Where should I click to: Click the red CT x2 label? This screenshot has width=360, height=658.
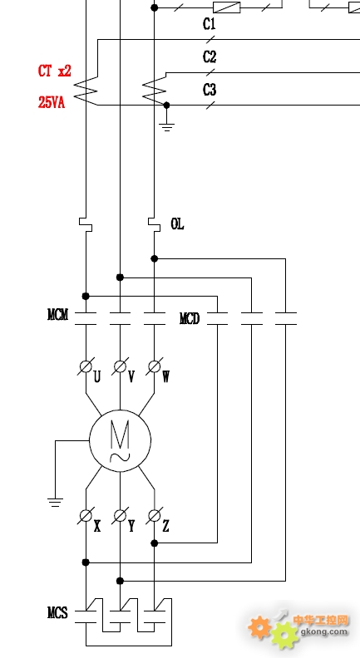point(55,71)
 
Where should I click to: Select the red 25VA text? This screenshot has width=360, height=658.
point(52,102)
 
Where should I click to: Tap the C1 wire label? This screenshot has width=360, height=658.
point(210,24)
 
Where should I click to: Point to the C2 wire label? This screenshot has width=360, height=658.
point(210,56)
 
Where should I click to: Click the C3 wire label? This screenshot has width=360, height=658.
point(210,90)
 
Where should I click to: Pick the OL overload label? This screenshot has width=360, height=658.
point(177,224)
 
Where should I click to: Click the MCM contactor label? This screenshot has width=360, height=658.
point(57,314)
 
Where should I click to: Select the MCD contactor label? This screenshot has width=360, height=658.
point(190,319)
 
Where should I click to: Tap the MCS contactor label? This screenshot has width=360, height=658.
point(57,613)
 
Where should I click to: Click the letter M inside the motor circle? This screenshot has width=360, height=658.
point(120,435)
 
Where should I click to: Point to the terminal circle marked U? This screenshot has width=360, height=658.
point(86,366)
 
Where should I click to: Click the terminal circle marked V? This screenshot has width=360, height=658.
point(121,366)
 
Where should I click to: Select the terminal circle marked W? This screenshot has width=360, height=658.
point(154,366)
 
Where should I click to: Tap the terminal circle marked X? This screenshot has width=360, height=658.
point(86,515)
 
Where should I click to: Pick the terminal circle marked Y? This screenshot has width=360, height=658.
point(121,515)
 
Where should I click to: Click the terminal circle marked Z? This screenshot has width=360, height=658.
point(154,515)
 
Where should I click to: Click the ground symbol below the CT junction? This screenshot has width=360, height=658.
point(167,127)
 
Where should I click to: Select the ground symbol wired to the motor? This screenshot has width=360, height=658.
point(55,502)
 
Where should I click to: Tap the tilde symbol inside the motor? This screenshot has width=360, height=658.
point(120,457)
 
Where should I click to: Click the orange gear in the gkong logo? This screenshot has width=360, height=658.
point(259,627)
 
